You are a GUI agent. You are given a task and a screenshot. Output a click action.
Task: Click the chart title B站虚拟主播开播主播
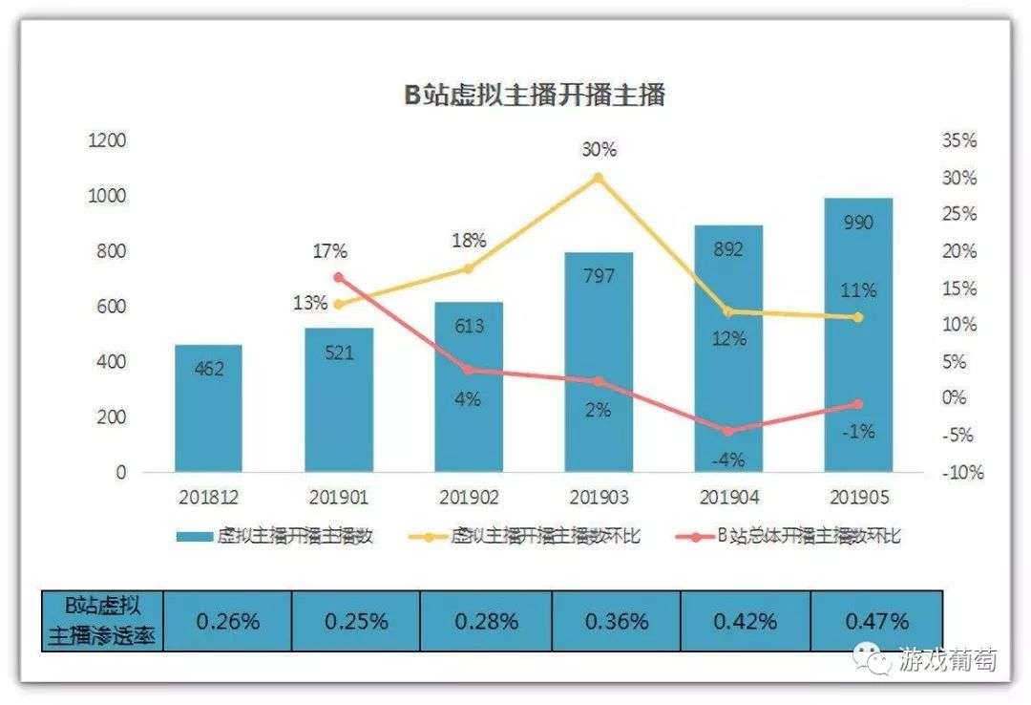[533, 96]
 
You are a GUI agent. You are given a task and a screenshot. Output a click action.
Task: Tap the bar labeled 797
[599, 363]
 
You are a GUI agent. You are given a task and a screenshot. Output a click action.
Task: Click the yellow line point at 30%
[599, 178]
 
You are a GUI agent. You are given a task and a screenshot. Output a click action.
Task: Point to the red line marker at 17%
[338, 278]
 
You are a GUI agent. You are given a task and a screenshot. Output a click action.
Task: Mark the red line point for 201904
[728, 432]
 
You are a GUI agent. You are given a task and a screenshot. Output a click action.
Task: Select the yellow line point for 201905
[857, 317]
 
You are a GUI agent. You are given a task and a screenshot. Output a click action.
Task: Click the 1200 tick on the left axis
[107, 140]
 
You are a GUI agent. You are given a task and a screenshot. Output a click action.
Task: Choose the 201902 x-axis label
[468, 498]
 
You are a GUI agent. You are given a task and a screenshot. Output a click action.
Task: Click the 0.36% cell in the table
[616, 621]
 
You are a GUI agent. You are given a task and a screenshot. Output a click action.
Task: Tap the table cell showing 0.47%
[876, 621]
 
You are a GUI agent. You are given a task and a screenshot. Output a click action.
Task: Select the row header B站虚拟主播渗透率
[103, 621]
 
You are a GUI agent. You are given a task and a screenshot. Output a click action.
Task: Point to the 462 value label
[209, 368]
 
